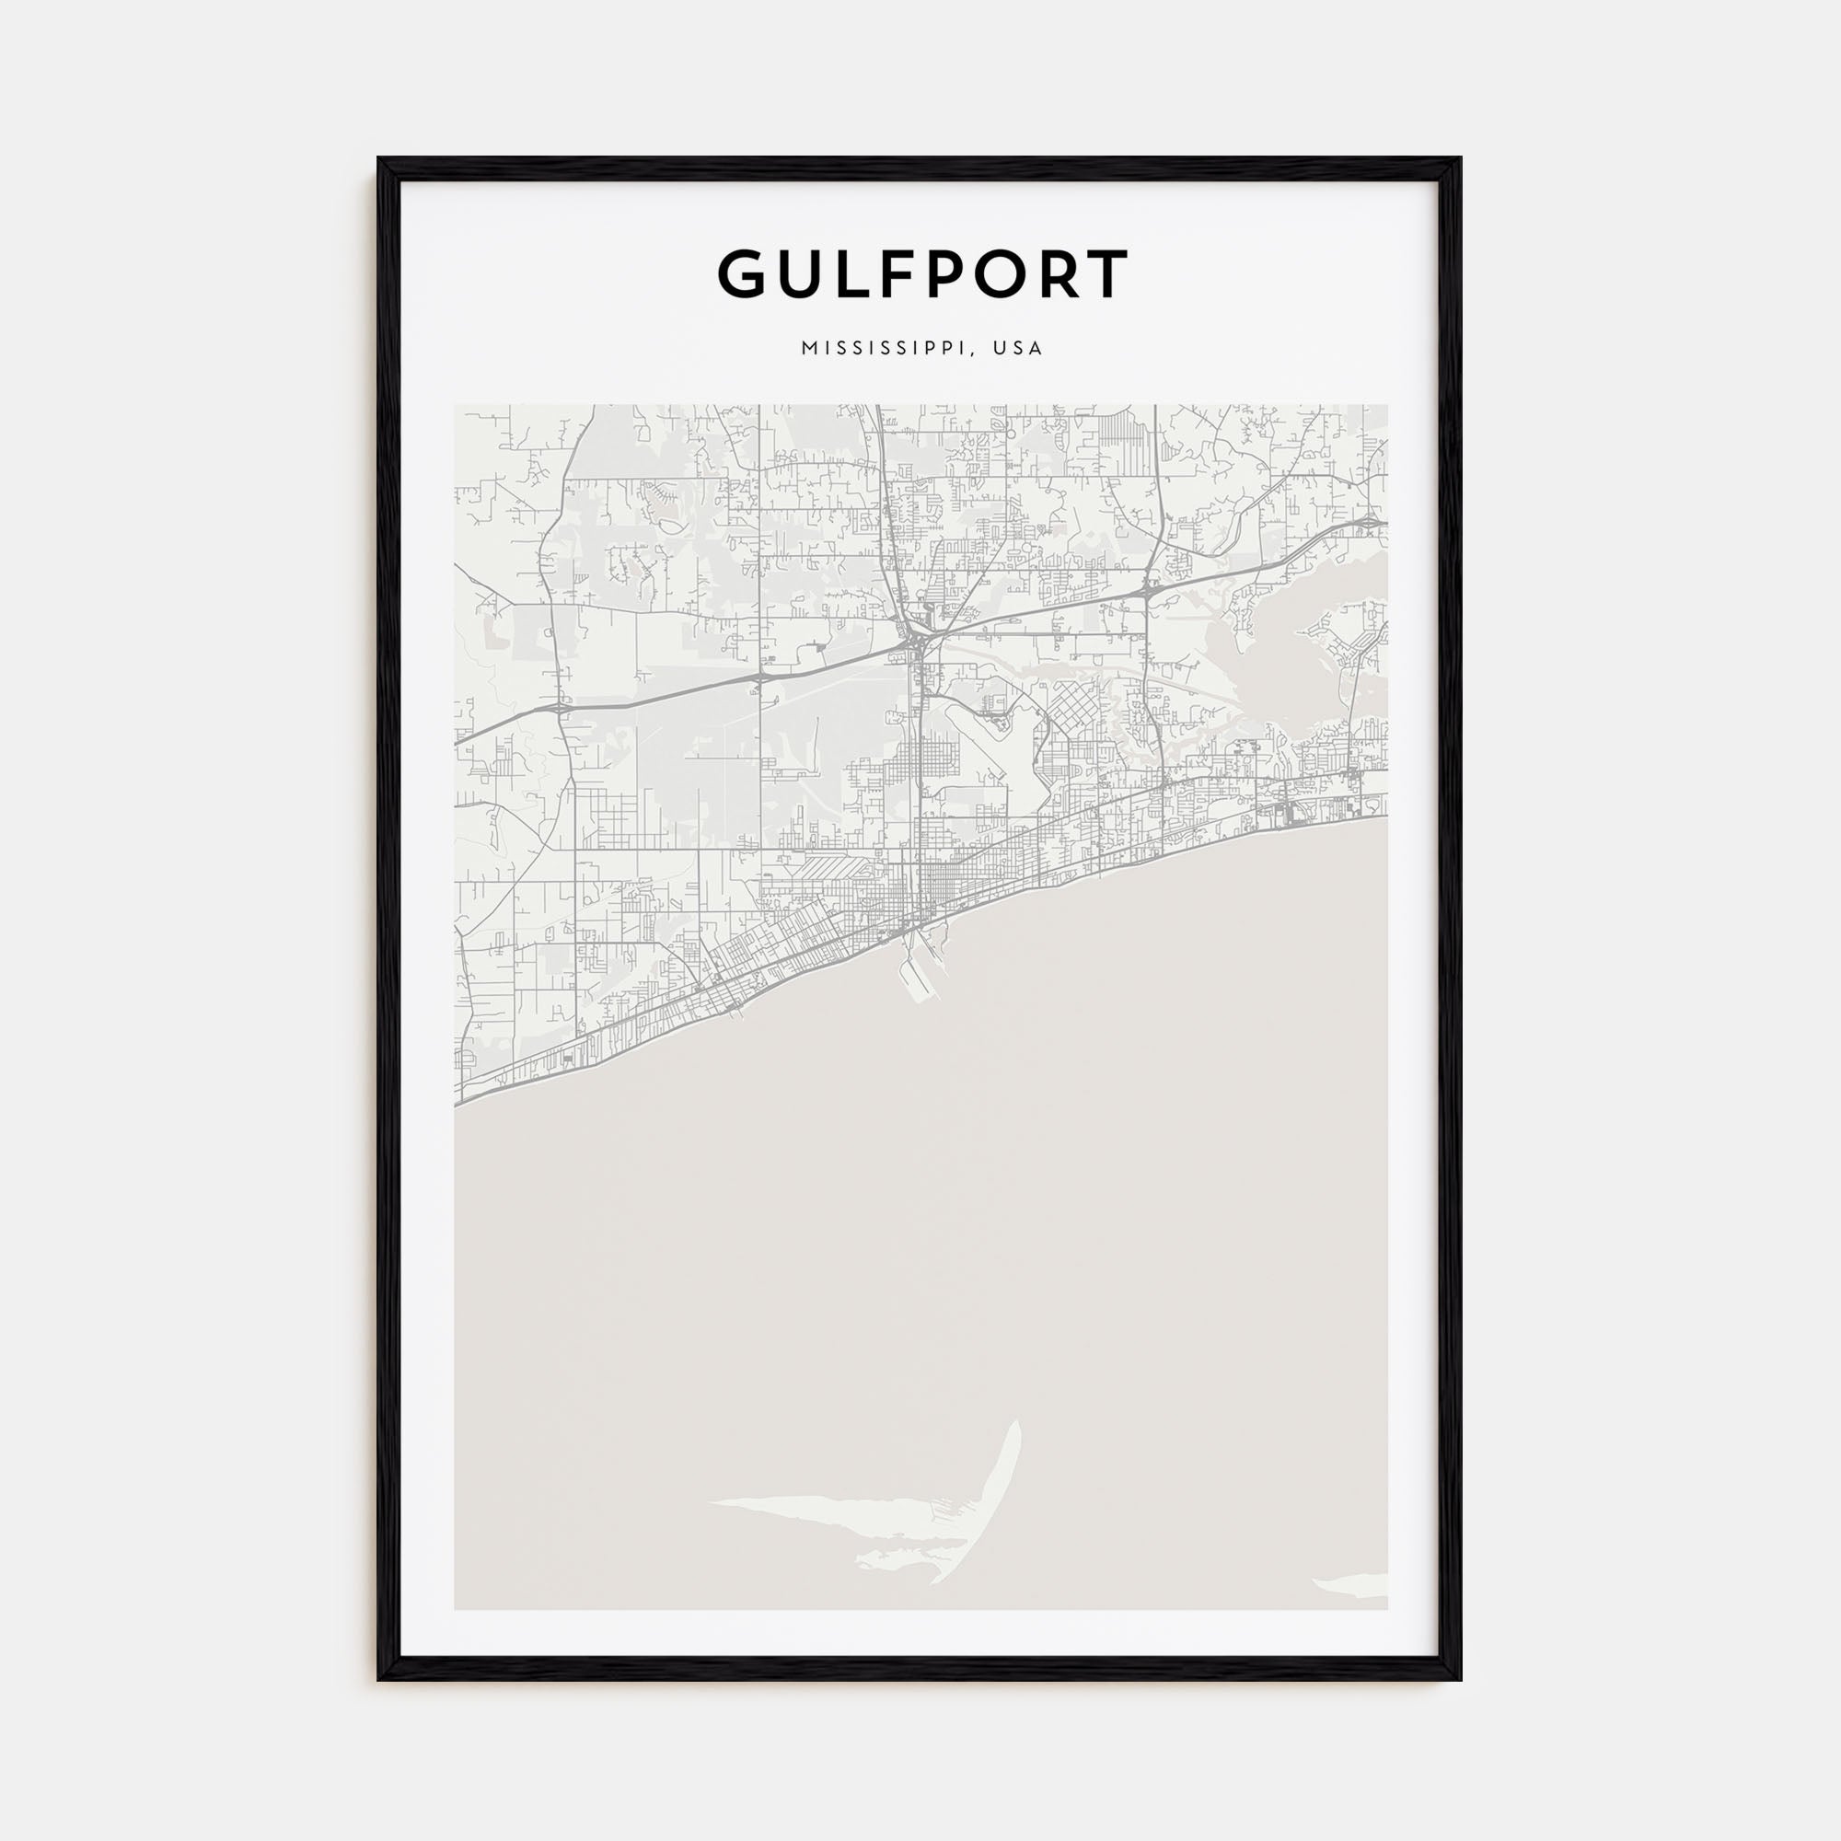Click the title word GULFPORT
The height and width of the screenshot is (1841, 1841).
922,274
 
